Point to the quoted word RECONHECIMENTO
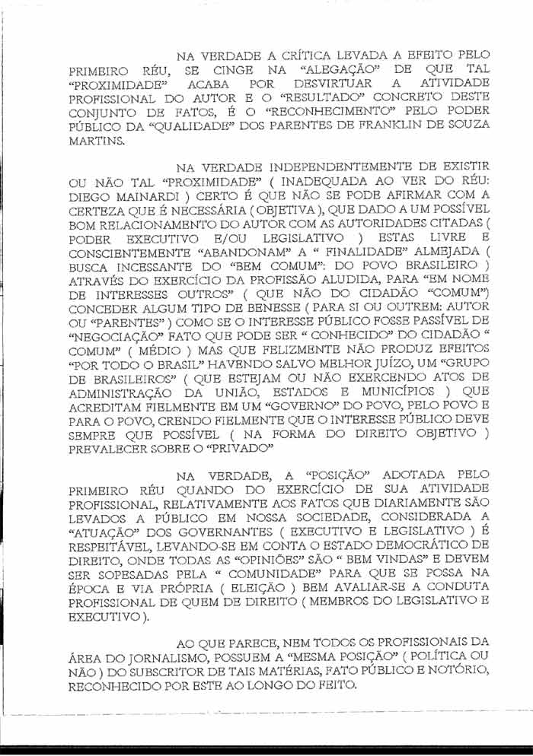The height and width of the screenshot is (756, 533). tap(338, 112)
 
